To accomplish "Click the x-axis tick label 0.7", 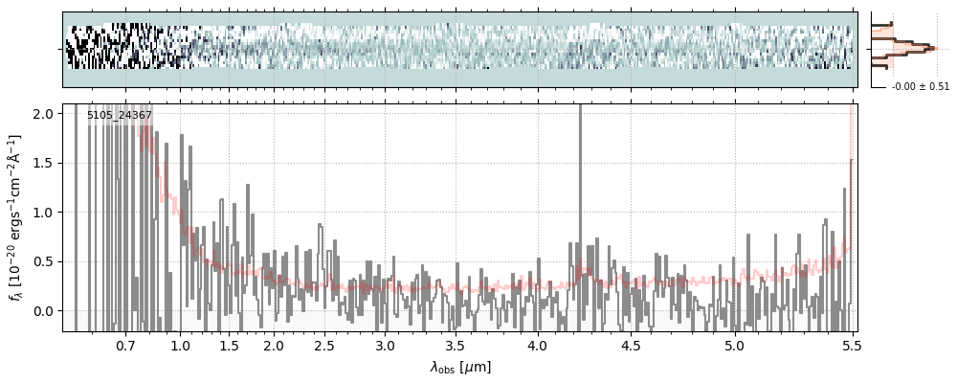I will point(125,345).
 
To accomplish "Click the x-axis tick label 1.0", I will point(181,345).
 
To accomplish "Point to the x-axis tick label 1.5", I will point(230,345).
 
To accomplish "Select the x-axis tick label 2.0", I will point(274,345).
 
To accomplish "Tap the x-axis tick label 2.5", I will point(324,345).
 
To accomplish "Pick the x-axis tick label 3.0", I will point(385,345).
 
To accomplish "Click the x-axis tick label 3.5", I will point(455,345).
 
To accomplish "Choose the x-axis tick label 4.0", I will point(537,345).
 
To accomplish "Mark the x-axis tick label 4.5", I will point(631,345).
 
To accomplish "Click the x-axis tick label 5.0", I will point(734,345).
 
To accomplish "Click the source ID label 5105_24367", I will point(120,116).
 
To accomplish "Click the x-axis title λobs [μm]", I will point(459,367).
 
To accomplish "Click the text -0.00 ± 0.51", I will point(920,87).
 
